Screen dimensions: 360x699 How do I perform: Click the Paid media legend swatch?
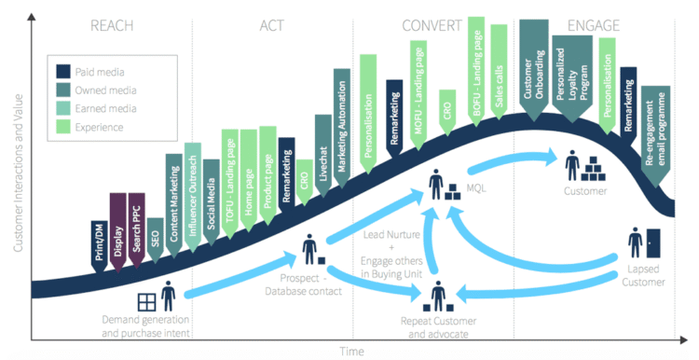pyautogui.click(x=63, y=70)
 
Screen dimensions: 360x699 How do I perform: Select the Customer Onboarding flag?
pyautogui.click(x=534, y=70)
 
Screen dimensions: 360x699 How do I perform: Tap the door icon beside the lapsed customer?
pyautogui.click(x=653, y=242)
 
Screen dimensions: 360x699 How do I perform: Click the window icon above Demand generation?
pyautogui.click(x=146, y=302)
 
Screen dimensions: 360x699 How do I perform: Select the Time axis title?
pyautogui.click(x=351, y=352)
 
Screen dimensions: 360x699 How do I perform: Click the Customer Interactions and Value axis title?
pyautogui.click(x=17, y=168)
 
